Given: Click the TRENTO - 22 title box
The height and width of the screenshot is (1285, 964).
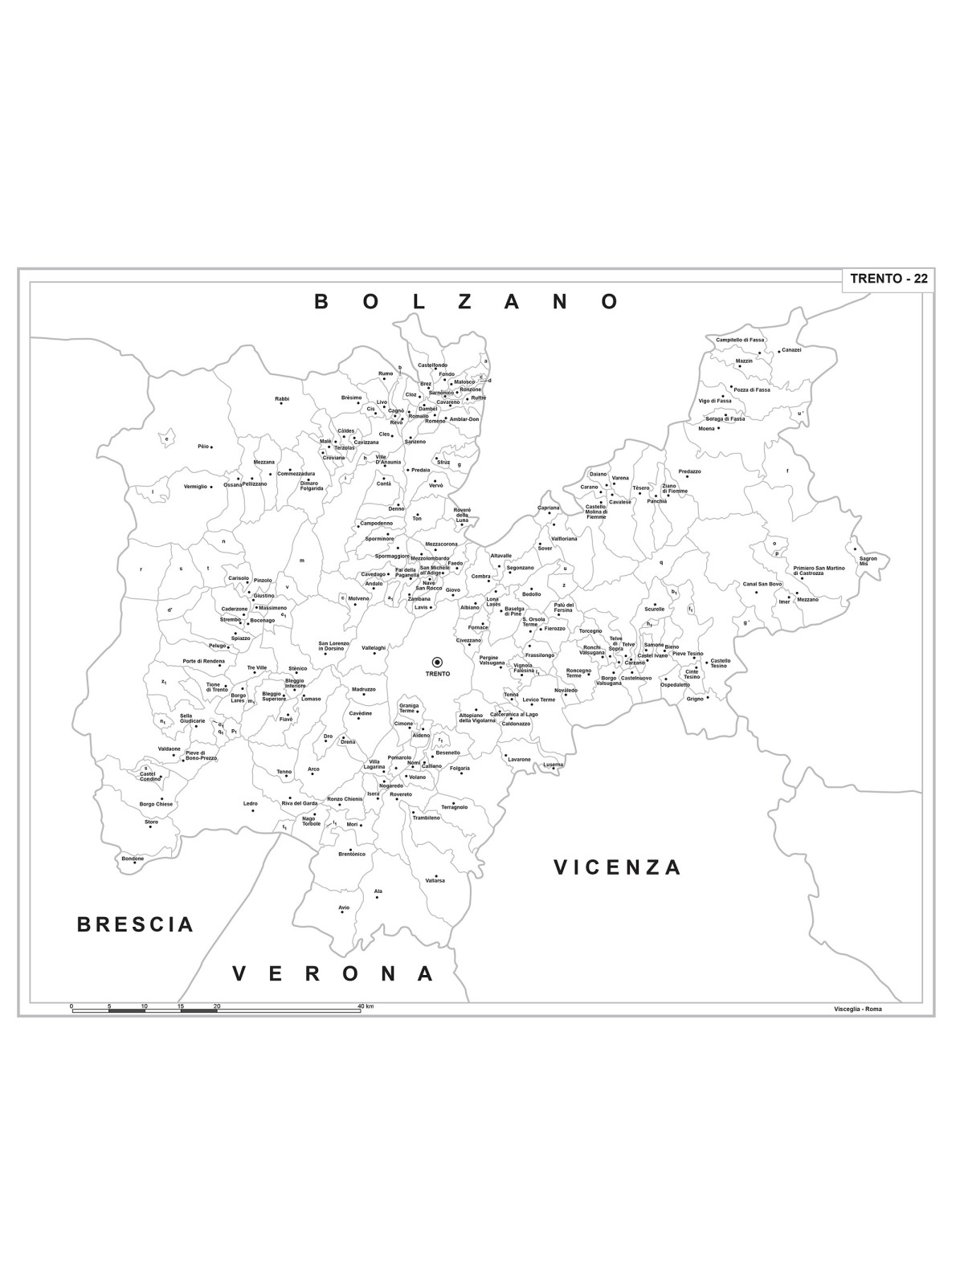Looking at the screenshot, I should [x=888, y=279].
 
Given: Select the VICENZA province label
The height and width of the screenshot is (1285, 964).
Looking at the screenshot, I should [x=617, y=867].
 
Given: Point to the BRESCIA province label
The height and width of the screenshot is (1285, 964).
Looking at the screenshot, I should [x=135, y=924].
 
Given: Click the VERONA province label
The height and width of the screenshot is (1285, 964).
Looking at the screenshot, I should [x=333, y=974].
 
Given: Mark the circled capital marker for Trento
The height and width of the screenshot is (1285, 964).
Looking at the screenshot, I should [x=438, y=662].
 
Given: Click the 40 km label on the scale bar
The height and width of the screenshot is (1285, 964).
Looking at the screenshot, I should [x=366, y=1006].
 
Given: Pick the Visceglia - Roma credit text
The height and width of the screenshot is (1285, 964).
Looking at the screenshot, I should [x=857, y=1009].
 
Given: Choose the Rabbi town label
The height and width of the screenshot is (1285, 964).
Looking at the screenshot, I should [x=281, y=398].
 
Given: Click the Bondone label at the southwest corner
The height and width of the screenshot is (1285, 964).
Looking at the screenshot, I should [x=133, y=859].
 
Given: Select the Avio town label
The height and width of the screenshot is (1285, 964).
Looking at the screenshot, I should [x=344, y=908].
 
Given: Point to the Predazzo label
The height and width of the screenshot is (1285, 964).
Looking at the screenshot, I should [x=689, y=471].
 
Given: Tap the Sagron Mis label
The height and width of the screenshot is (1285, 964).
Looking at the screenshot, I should [x=868, y=561].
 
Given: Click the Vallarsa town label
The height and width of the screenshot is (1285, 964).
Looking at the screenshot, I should [x=435, y=880].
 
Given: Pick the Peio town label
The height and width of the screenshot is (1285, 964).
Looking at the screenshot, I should [x=202, y=447].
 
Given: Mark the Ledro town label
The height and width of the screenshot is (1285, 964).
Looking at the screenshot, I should [x=251, y=803].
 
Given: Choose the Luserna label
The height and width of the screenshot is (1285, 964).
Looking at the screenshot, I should [x=553, y=765].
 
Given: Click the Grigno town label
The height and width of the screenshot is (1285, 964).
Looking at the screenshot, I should [x=694, y=699].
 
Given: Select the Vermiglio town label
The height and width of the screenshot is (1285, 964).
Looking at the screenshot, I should [x=195, y=487].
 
